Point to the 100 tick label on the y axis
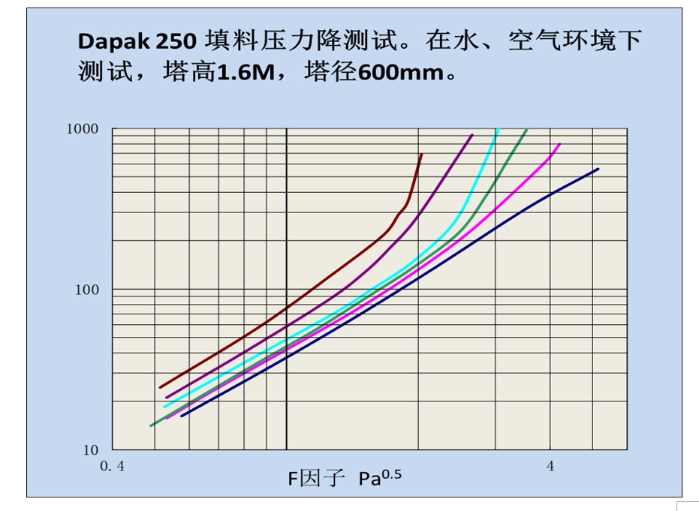pos(87,290)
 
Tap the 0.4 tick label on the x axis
pos(113,466)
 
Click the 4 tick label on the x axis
pos(550,466)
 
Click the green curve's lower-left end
pos(152,425)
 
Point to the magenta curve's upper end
pos(559,144)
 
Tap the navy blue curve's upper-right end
pos(598,169)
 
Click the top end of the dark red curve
pos(421,155)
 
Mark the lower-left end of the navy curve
pos(181,416)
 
